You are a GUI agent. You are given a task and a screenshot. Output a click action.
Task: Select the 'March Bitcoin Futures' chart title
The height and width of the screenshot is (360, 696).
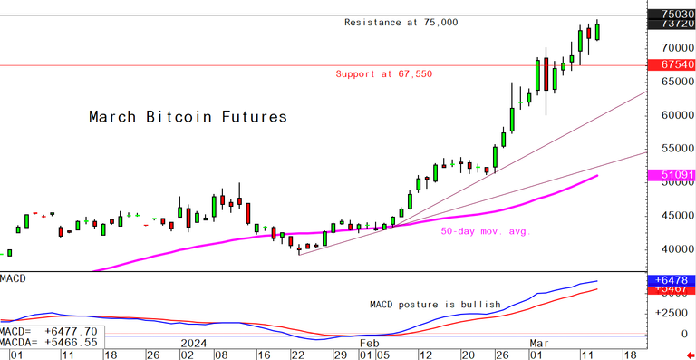[187, 117]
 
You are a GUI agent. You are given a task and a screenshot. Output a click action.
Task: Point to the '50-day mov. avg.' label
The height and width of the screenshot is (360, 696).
[485, 232]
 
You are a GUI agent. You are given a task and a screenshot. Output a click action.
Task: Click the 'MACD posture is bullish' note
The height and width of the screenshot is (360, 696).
[435, 305]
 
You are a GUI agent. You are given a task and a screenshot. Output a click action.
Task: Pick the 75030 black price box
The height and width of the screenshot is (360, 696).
[672, 15]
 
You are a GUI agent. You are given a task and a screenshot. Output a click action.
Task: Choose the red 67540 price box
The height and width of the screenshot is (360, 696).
[672, 65]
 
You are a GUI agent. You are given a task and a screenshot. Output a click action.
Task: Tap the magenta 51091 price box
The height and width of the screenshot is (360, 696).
[672, 174]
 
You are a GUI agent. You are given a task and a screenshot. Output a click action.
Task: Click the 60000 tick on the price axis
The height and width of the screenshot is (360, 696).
[672, 115]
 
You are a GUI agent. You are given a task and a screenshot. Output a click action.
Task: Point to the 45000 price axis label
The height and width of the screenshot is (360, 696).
[672, 216]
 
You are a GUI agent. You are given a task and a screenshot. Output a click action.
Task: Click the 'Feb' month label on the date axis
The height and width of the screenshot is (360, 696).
[368, 344]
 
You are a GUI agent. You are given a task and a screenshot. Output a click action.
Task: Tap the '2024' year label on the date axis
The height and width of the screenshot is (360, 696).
[196, 344]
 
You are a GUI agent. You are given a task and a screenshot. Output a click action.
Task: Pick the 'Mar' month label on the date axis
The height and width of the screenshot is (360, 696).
[539, 344]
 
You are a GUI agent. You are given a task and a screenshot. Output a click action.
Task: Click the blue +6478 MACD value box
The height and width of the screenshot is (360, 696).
[672, 282]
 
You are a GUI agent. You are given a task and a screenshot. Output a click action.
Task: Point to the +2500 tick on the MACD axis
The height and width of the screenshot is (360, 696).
[672, 313]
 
